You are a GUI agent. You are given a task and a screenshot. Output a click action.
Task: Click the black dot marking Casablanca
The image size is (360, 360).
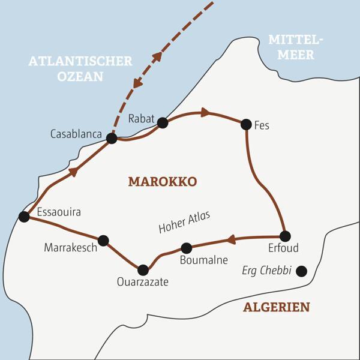[x=111, y=139]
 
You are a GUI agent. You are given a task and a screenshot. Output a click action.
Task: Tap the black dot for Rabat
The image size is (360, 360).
[x=162, y=123]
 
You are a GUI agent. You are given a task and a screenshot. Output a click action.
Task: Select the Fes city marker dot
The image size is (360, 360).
[x=245, y=124]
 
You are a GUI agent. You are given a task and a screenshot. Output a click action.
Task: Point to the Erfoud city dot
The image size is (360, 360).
[x=285, y=236]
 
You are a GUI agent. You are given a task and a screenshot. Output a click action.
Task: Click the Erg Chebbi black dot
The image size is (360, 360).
[x=301, y=271]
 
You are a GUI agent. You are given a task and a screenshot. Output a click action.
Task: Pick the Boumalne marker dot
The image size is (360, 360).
[x=186, y=248]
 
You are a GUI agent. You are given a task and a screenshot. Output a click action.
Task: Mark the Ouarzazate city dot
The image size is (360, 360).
[x=143, y=270]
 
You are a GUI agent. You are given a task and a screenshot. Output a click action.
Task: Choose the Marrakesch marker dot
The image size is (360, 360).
[x=103, y=241]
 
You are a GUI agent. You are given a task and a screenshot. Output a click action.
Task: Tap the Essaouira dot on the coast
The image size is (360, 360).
[x=24, y=217]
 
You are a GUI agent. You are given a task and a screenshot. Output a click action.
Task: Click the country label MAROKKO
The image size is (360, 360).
[x=162, y=182]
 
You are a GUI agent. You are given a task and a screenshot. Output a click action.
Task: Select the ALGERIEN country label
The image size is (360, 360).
[x=277, y=307]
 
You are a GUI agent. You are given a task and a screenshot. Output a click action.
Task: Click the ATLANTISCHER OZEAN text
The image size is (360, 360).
[x=80, y=68]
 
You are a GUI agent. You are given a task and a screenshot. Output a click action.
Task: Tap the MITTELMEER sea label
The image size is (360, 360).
[x=295, y=47]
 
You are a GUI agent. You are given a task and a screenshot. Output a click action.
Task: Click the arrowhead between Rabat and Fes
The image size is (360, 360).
[x=205, y=112]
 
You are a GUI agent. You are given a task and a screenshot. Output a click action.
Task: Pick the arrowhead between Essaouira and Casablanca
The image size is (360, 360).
[x=74, y=172]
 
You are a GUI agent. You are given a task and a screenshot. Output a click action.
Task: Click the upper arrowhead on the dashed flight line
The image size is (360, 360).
[x=158, y=57]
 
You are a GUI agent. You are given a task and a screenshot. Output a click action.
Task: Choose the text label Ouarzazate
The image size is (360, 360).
[x=143, y=282]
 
